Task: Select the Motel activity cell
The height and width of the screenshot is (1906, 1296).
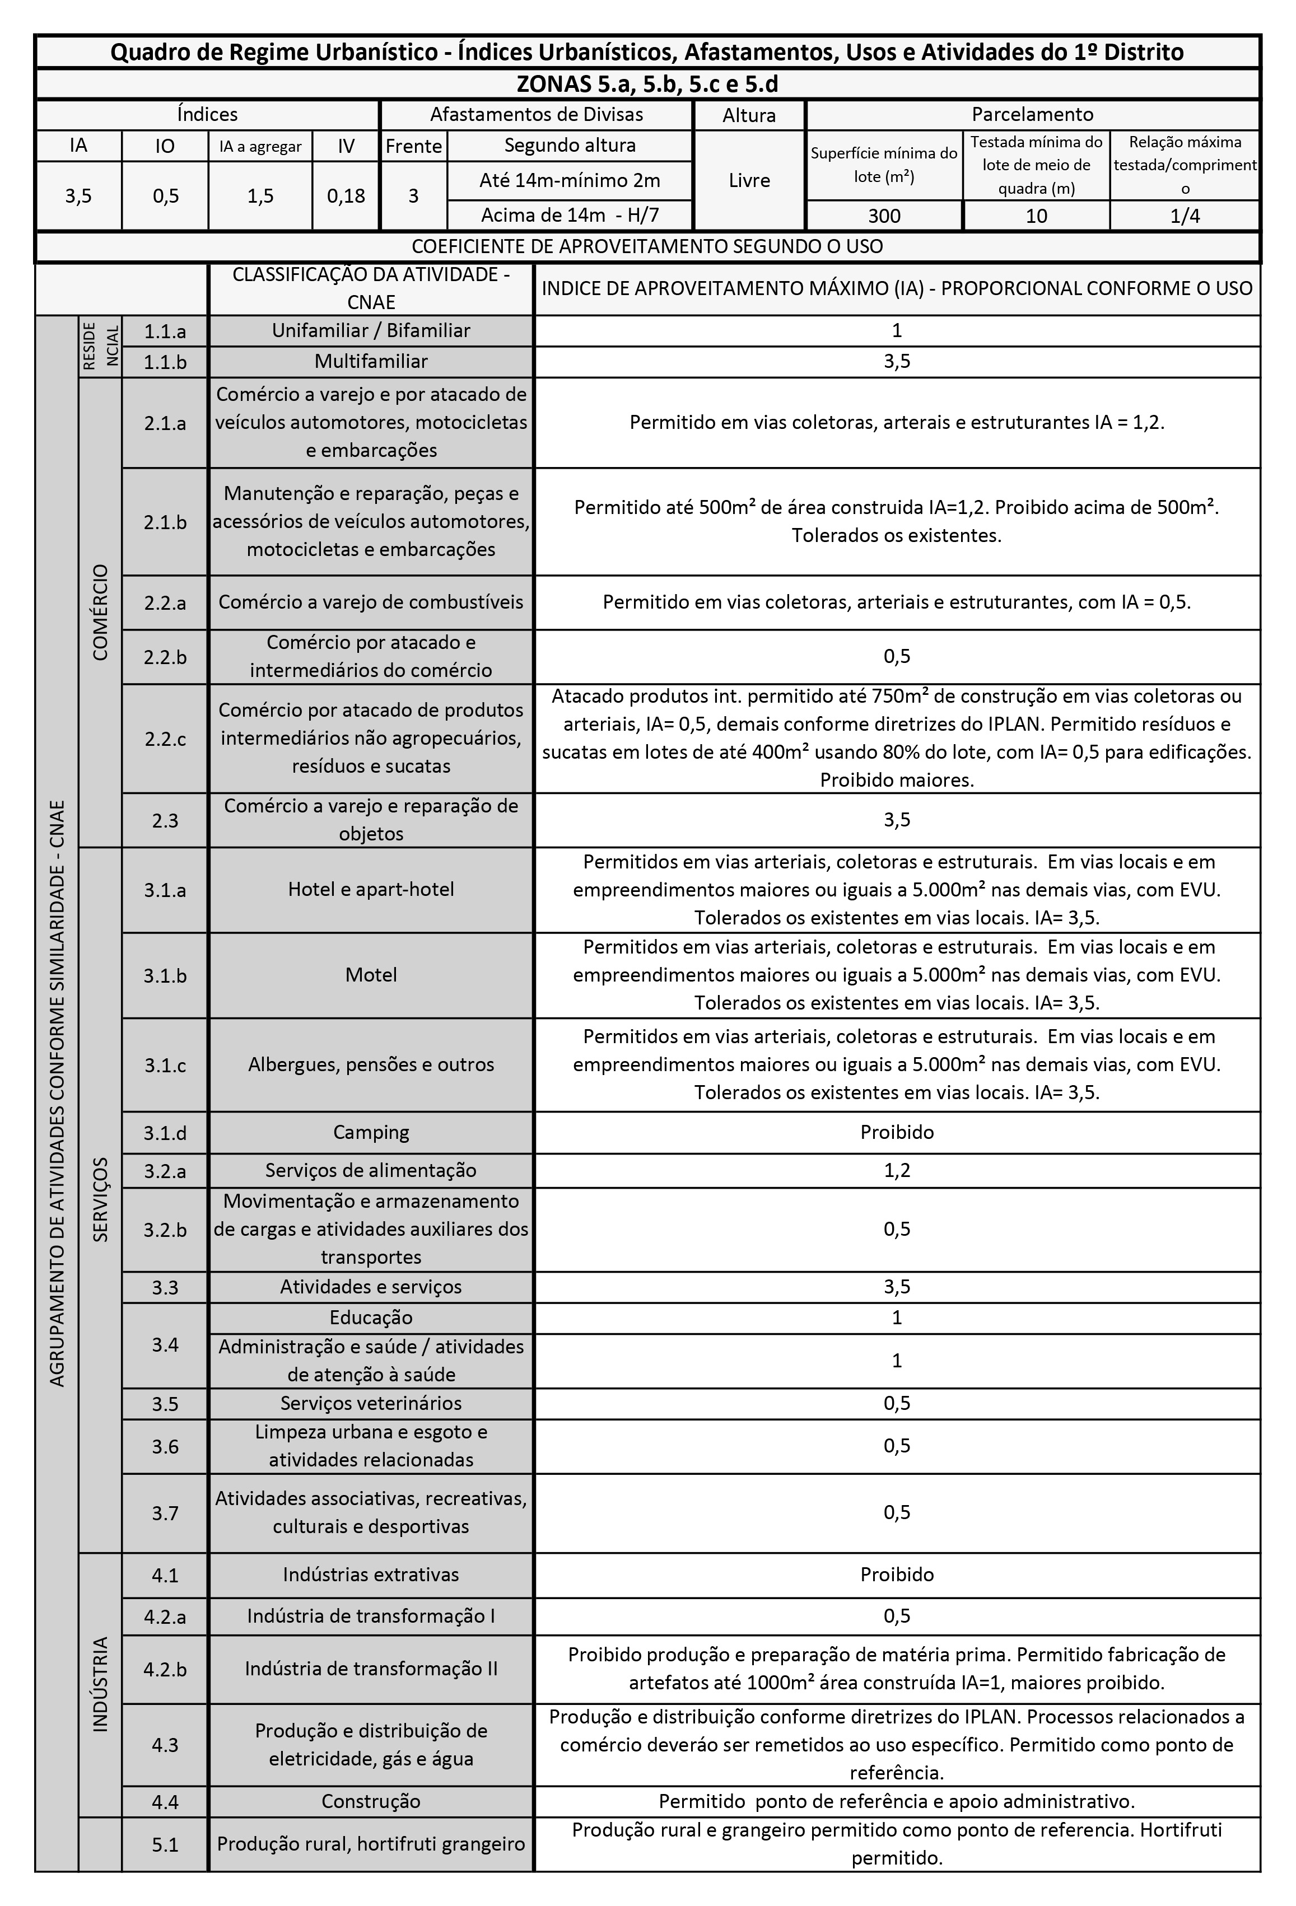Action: [371, 975]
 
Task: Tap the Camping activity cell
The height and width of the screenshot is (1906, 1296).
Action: [371, 1133]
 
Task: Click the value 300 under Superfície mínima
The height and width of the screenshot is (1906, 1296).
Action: [884, 216]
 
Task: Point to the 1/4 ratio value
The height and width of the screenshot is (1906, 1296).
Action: [1185, 216]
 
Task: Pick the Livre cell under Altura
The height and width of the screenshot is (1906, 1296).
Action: [749, 180]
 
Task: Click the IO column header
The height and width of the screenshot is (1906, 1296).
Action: [165, 146]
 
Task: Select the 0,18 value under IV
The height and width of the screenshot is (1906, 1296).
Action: [346, 196]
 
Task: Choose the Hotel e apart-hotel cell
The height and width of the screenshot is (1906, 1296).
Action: [371, 890]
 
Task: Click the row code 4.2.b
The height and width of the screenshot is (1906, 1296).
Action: [165, 1670]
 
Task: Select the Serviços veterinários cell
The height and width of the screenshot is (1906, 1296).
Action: [371, 1403]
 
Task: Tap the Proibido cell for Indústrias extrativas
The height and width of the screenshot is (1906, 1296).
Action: [897, 1575]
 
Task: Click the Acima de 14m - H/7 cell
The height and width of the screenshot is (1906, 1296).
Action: [570, 216]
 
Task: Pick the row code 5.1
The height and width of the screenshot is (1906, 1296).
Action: [165, 1844]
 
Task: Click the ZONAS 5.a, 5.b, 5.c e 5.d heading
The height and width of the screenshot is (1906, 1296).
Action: [647, 85]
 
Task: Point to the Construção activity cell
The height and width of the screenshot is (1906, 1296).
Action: [371, 1802]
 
